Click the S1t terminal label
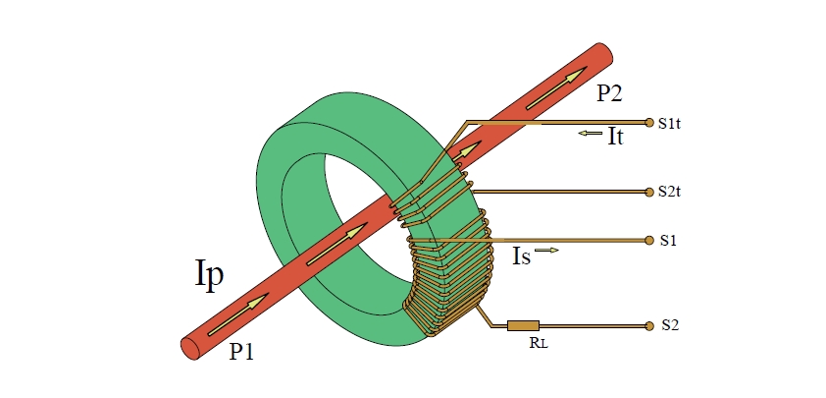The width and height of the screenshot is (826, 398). pyautogui.click(x=670, y=124)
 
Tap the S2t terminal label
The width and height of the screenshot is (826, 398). pyautogui.click(x=670, y=191)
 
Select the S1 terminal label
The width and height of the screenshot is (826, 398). pyautogui.click(x=667, y=240)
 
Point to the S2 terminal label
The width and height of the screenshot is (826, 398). pyautogui.click(x=667, y=324)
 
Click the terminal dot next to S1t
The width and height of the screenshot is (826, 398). pyautogui.click(x=648, y=123)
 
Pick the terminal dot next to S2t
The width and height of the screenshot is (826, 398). pyautogui.click(x=648, y=191)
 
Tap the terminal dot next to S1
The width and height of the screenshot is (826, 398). pyautogui.click(x=648, y=240)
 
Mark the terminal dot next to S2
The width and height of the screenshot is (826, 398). pyautogui.click(x=648, y=324)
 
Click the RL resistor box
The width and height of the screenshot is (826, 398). pyautogui.click(x=523, y=324)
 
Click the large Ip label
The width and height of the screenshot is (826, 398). pyautogui.click(x=208, y=274)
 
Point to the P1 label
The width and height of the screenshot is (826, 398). pyautogui.click(x=241, y=353)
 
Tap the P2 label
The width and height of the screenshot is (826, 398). pyautogui.click(x=609, y=93)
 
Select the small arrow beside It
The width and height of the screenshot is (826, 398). pyautogui.click(x=591, y=134)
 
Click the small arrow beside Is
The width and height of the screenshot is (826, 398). pyautogui.click(x=547, y=252)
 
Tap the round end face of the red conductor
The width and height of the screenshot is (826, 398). pyautogui.click(x=189, y=346)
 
